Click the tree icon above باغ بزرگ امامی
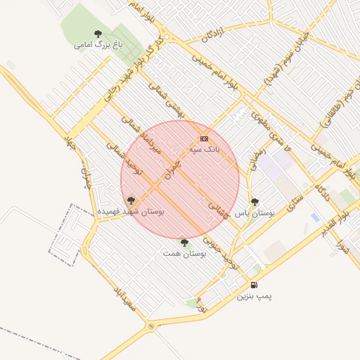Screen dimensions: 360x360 (98, 33)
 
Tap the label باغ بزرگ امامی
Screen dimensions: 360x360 (98, 45)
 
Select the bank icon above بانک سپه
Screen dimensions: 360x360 (204, 139)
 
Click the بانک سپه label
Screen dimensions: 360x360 (204, 150)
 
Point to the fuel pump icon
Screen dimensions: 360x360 (253, 285)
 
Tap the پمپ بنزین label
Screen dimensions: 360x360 (253, 297)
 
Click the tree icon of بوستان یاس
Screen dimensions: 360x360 (255, 202)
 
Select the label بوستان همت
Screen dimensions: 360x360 (184, 253)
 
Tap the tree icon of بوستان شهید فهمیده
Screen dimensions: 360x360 (131, 200)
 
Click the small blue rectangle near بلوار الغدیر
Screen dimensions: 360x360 (315, 217)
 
